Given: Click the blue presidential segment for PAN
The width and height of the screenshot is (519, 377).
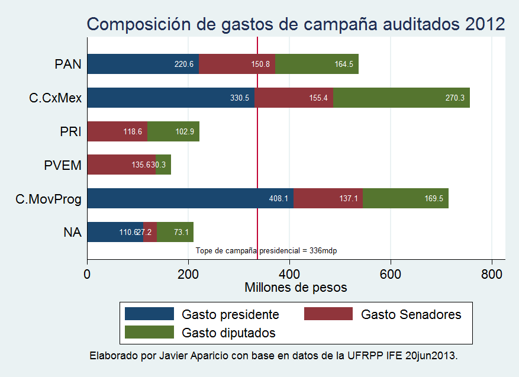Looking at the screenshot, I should [143, 64].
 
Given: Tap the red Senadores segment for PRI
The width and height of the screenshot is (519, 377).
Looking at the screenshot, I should [117, 131].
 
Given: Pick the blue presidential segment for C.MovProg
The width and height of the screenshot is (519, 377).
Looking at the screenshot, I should [190, 198].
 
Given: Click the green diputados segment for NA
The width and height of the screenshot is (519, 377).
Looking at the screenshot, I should [175, 232].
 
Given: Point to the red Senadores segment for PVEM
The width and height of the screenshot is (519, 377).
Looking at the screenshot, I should [121, 165].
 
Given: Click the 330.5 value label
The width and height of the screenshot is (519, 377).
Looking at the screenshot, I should [240, 98].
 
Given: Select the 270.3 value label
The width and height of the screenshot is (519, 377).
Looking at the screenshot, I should [455, 98].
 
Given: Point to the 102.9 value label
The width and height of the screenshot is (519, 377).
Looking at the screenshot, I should [185, 131].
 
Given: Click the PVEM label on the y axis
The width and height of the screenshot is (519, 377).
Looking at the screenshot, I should [62, 165].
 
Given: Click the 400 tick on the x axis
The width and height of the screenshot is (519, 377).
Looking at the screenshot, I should [289, 275].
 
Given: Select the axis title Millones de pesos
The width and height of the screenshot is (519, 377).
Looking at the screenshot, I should [295, 288].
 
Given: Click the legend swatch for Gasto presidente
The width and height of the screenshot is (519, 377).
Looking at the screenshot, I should [149, 314].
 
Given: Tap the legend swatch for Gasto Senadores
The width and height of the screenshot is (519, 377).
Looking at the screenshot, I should [328, 314].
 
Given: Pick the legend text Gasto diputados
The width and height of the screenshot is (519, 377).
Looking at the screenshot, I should [228, 333].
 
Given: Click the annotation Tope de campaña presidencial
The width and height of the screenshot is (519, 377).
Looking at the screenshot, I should [266, 251].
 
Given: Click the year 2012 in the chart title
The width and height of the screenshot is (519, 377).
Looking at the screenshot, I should [485, 24].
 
